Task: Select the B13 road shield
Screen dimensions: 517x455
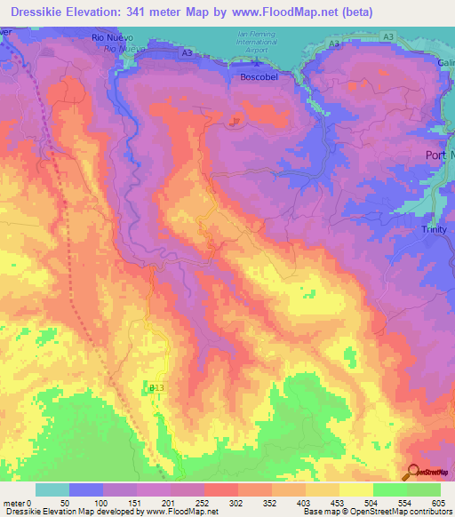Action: [156, 388]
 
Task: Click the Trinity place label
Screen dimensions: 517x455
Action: [436, 229]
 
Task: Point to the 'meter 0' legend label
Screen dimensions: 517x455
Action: [19, 504]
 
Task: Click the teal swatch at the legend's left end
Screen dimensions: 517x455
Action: [52, 489]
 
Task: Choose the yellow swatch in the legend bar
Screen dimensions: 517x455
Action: [356, 489]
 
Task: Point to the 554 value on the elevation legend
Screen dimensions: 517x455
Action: [407, 504]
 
